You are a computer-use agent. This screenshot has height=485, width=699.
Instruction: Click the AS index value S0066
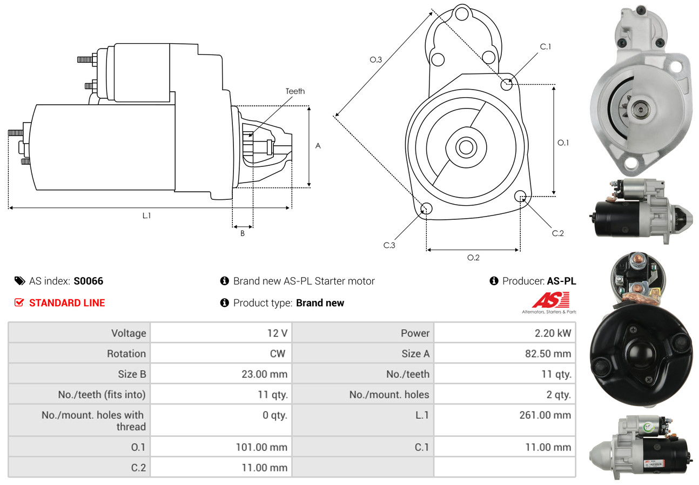tap(88, 281)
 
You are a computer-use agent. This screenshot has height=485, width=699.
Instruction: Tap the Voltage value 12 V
tap(277, 333)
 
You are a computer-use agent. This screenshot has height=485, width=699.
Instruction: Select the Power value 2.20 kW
tap(553, 333)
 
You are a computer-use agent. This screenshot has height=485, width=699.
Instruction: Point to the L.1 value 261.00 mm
tap(548, 415)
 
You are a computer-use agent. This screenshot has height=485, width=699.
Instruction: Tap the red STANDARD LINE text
tap(67, 303)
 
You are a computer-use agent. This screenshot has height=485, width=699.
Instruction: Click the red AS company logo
tap(550, 300)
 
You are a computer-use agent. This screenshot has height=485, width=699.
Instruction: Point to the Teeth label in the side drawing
tap(295, 91)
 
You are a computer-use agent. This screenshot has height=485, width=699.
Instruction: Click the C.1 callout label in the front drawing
tap(546, 46)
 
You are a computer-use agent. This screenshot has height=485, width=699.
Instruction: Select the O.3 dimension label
tap(376, 60)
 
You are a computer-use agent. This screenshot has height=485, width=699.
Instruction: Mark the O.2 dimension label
tap(473, 258)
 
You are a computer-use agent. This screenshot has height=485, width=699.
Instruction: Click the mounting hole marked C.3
tap(426, 209)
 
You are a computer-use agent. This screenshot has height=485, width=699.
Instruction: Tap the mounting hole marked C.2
tap(521, 196)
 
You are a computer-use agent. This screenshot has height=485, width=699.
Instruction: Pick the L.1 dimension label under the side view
tap(146, 215)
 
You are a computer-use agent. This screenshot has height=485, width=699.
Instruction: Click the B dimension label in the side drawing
tap(243, 233)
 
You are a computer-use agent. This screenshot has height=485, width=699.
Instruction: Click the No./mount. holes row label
tap(389, 395)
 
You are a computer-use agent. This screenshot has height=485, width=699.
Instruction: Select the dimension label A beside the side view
tap(318, 146)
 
